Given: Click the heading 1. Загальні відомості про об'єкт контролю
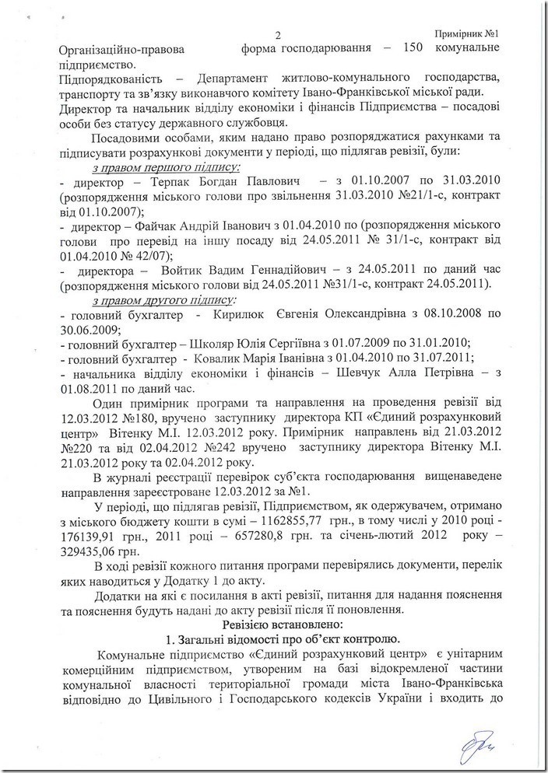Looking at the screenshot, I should coord(278,641).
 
